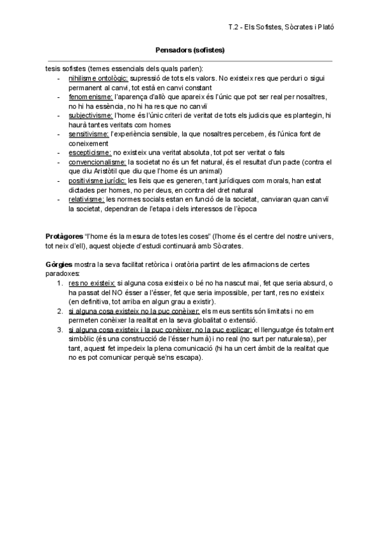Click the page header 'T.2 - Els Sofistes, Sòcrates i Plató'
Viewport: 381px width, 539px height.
pos(281,27)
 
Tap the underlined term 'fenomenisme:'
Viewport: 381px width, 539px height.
pos(91,97)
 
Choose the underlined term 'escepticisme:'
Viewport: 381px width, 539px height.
pos(90,153)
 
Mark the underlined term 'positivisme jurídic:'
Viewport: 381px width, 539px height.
pos(98,181)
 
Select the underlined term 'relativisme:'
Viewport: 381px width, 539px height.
pos(87,200)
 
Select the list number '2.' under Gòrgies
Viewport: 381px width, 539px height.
pos(60,311)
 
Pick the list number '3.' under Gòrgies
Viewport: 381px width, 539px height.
pos(60,329)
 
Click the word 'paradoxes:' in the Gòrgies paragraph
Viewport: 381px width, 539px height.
pos(63,273)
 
